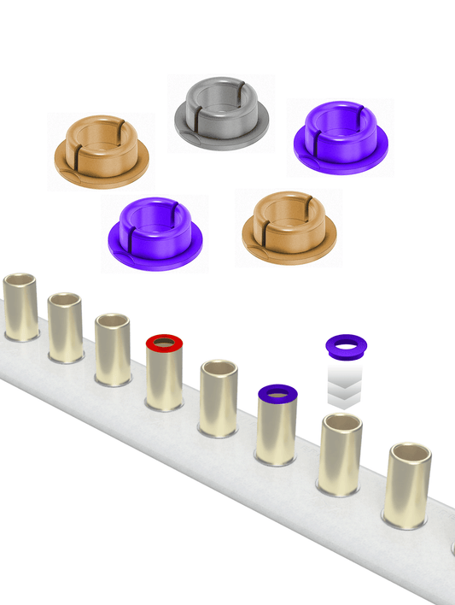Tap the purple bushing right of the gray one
pyautogui.click(x=341, y=138)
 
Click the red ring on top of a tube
pyautogui.click(x=164, y=343)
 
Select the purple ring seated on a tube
pyautogui.click(x=277, y=394)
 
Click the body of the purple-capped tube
pyautogui.click(x=277, y=432)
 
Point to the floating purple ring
pyautogui.click(x=347, y=345)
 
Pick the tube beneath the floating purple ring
pyautogui.click(x=340, y=457)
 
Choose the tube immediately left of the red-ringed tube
pyautogui.click(x=112, y=350)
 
